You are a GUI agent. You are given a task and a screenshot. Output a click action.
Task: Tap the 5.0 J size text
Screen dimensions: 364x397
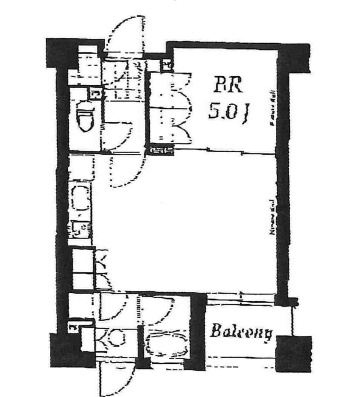pos(229,112)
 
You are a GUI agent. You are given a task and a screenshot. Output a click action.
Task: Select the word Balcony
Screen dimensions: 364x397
pos(242,332)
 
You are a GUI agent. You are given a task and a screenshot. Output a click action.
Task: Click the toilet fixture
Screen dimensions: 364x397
pos(85,118)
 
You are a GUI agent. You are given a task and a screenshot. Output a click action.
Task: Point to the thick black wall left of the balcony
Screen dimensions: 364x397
pos(198,332)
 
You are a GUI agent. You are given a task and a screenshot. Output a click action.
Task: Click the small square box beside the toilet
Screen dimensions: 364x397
pos(95,93)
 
